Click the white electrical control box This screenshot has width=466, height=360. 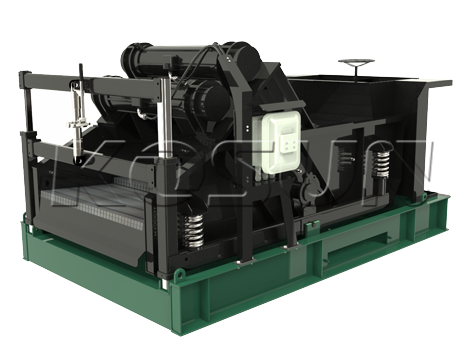[x=281, y=142]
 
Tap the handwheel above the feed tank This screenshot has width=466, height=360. [x=356, y=62]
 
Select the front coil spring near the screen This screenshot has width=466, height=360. [x=194, y=231]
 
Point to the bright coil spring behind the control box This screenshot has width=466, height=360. [x=381, y=165]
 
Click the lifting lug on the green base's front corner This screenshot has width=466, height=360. [x=180, y=274]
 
